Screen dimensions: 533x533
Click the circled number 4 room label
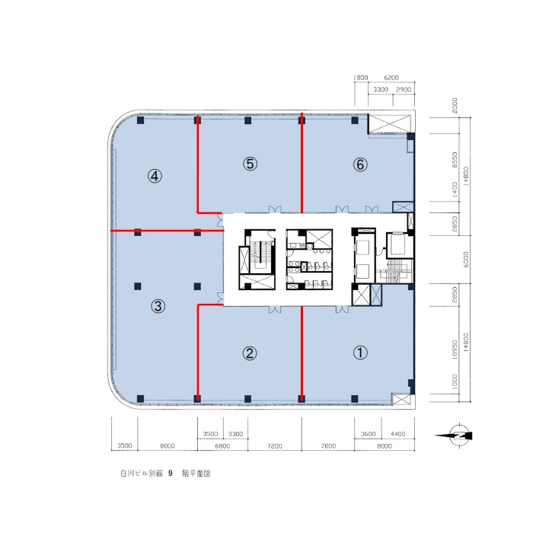[155, 176]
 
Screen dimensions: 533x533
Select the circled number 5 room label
[250, 164]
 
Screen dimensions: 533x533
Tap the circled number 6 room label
[360, 165]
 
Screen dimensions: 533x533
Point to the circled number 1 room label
[360, 353]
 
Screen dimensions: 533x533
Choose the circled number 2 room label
[250, 353]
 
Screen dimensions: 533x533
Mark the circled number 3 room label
[158, 306]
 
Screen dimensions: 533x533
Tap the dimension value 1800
[361, 78]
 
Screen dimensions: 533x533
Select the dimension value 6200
[391, 78]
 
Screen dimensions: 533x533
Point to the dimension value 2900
[404, 89]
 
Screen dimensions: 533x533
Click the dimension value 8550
[455, 159]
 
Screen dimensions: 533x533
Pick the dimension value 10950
[455, 349]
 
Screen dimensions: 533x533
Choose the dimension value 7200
[274, 445]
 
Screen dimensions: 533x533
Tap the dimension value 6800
[222, 445]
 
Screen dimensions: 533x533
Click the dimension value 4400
[397, 434]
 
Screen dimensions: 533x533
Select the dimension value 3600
[368, 434]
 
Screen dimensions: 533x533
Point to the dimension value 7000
[328, 445]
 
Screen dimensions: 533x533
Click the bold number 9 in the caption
[171, 473]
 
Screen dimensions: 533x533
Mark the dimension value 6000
[466, 259]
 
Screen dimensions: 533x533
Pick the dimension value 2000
[455, 105]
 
